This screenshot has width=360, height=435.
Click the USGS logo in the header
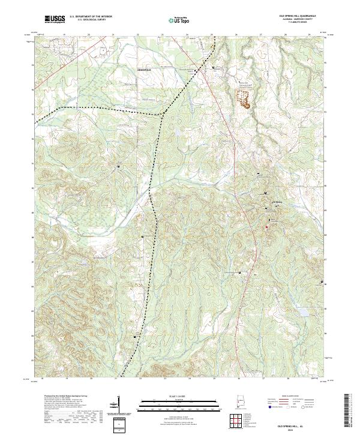click(54, 19)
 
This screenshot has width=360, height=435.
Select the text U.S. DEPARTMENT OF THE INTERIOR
click(90, 17)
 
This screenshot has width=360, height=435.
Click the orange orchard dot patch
click(244, 99)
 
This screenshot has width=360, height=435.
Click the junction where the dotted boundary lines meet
click(164, 113)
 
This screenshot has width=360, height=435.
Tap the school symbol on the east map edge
click(322, 282)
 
